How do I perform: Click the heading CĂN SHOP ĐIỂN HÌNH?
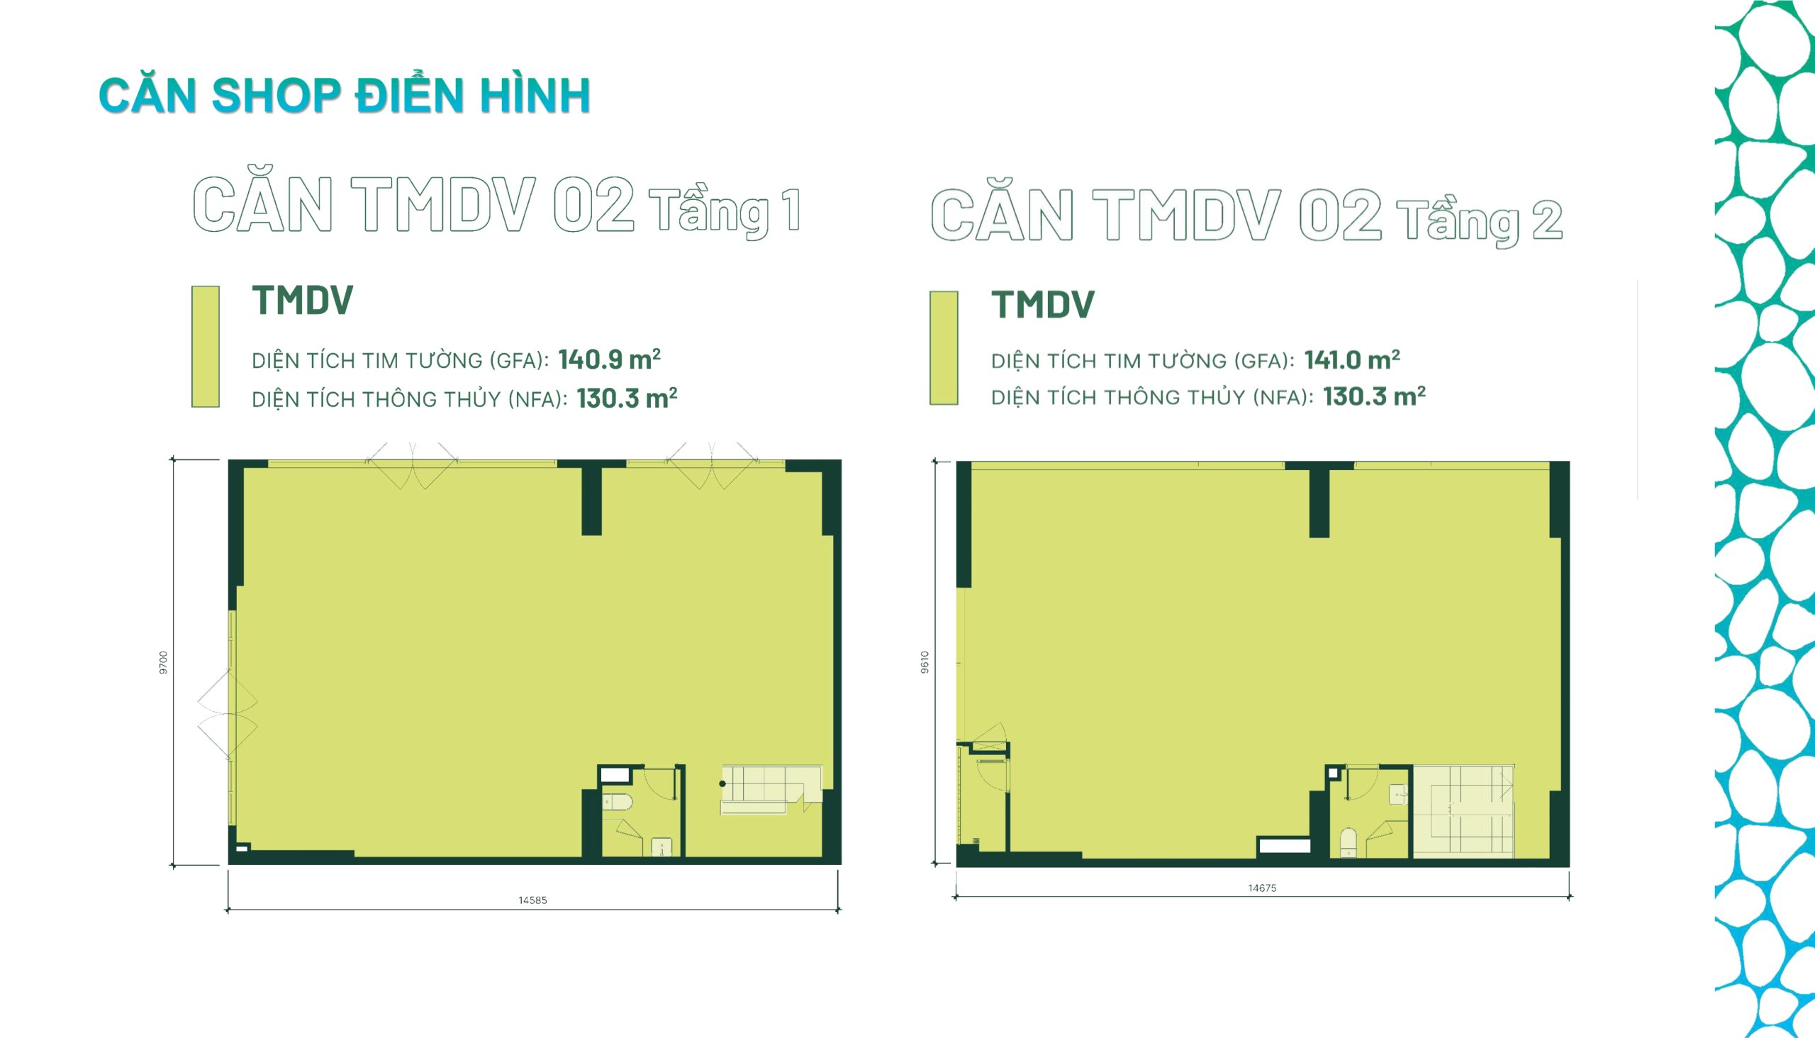[345, 95]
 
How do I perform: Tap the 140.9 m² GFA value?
[610, 359]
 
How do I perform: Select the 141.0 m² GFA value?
[1352, 359]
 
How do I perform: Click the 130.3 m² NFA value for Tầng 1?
[627, 398]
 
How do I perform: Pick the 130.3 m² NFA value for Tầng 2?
[1375, 396]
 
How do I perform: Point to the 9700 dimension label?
[163, 662]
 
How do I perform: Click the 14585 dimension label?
[532, 900]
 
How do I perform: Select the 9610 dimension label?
[925, 662]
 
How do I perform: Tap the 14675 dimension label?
[1262, 888]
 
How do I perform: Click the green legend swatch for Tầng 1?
[206, 347]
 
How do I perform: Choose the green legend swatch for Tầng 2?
[943, 348]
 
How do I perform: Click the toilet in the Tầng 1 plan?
[618, 802]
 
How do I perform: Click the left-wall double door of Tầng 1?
[228, 713]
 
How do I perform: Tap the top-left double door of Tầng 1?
[412, 466]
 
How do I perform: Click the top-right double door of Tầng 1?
[712, 466]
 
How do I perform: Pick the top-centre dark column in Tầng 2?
[1319, 500]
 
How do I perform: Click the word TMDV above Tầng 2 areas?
[1043, 304]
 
